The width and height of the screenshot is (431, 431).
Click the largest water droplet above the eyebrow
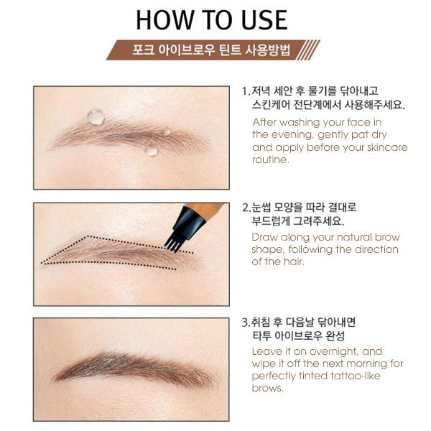[95, 116]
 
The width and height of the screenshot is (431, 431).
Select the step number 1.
[244, 92]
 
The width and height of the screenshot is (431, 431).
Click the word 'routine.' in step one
[271, 159]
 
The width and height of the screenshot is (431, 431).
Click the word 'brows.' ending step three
[269, 389]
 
